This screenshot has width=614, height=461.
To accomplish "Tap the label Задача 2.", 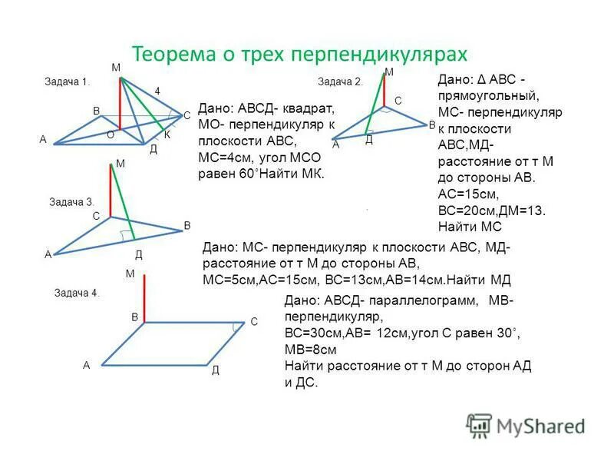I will point(340,81).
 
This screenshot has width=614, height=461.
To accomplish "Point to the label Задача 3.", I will point(71,201).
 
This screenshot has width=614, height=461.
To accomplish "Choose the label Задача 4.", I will point(77,293).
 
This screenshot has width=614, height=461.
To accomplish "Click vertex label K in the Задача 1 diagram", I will point(167,134).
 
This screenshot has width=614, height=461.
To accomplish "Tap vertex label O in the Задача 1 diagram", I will point(111,134).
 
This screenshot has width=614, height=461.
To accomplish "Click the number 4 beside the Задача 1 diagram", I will point(157,91).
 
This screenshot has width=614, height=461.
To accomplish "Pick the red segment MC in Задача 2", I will point(384,89).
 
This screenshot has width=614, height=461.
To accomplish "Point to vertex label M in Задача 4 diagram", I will point(129,273).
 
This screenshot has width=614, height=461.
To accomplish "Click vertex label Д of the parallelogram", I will point(216,370).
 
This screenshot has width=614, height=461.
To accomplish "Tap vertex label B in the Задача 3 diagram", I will point(187,225).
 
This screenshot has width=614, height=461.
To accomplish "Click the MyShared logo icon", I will point(479,425).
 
